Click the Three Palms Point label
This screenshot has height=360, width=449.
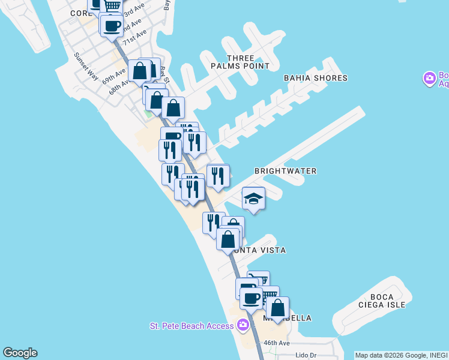(x=244, y=62)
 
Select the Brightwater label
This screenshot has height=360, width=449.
(x=285, y=171)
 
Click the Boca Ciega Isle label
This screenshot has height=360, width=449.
(x=382, y=302)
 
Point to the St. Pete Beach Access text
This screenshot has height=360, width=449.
(x=191, y=326)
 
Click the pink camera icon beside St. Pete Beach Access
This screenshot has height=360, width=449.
(x=243, y=325)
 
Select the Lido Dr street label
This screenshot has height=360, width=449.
(x=306, y=355)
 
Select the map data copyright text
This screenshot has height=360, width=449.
(x=401, y=355)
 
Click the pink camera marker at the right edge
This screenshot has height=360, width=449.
(x=429, y=79)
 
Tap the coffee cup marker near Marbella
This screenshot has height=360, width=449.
(x=251, y=297)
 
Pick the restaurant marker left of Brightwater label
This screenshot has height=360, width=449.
(x=218, y=175)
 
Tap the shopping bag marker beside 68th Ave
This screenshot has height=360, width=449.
(x=139, y=70)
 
